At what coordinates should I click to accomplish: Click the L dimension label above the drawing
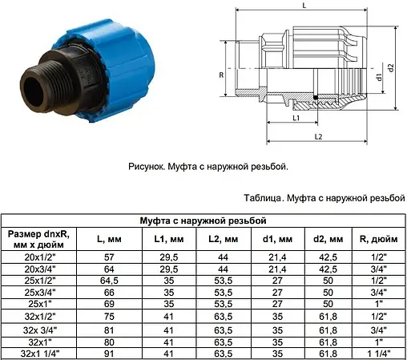click(304, 6)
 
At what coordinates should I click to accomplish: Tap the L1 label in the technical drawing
click(296, 118)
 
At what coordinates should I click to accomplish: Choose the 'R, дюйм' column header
click(374, 239)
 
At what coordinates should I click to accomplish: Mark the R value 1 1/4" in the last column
click(374, 353)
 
